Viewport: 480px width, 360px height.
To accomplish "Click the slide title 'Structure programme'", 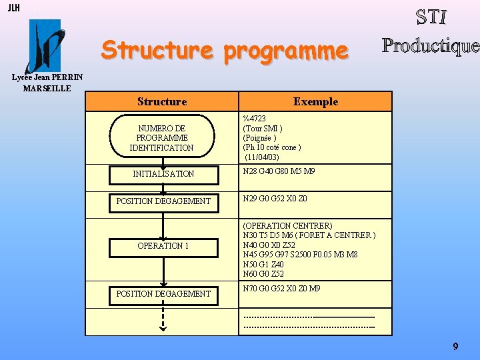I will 225,50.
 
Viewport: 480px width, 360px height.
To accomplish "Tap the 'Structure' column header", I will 162,101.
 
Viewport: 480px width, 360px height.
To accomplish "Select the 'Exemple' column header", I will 315,101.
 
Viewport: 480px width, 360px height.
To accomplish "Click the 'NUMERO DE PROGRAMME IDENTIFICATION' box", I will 162,138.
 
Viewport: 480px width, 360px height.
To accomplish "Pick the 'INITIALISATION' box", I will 163,173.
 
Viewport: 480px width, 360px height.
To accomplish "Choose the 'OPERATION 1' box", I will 163,245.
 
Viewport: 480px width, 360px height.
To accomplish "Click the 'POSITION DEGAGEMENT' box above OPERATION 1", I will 163,201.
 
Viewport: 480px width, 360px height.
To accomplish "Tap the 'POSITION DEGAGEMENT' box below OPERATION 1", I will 163,293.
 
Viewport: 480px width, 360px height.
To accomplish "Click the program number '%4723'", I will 255,119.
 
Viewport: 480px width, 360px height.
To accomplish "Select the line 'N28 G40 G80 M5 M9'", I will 279,171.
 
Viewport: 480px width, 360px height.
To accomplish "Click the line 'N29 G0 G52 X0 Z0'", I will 275,199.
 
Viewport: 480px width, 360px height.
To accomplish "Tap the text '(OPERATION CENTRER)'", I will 288,226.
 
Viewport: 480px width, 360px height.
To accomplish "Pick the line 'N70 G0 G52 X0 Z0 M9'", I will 282,289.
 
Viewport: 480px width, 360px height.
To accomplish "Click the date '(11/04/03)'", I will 262,157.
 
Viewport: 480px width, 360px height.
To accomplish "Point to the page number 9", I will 455,347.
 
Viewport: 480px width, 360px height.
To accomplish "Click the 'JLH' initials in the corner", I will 13,8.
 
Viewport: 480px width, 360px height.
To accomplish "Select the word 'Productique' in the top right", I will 430,45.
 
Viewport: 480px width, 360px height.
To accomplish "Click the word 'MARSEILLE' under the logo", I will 47,88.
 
